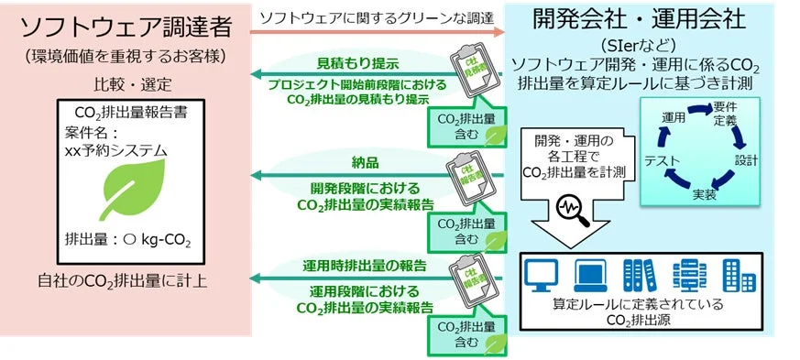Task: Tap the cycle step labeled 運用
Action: [x=674, y=118]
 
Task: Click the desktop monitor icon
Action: [x=542, y=273]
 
